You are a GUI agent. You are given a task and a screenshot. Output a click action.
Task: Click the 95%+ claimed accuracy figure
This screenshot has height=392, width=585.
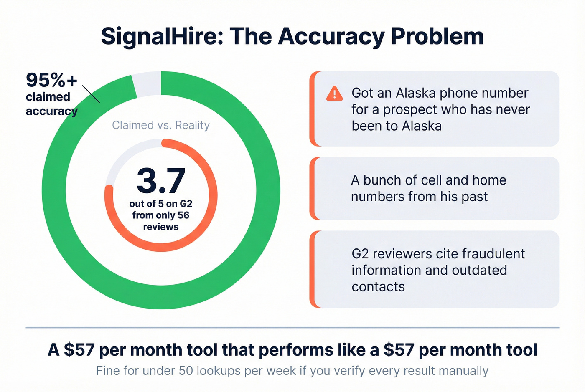click(x=51, y=80)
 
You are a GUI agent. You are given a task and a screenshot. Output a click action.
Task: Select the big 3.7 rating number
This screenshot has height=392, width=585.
click(x=161, y=181)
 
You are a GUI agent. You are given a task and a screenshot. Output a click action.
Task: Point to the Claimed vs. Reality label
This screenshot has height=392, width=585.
click(x=161, y=125)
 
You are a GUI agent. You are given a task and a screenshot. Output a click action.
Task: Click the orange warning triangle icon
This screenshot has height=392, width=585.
click(x=334, y=94)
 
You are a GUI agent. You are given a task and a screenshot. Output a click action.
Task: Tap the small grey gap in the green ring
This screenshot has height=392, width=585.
click(x=147, y=84)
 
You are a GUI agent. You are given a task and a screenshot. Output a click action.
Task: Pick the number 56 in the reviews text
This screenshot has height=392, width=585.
click(x=183, y=215)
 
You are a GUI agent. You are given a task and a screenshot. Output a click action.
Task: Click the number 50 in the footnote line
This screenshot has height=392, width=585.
click(x=186, y=371)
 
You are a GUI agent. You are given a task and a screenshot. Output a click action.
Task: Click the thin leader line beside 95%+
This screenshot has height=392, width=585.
click(x=91, y=94)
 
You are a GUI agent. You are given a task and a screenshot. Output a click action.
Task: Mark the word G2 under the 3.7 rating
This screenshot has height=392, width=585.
click(x=186, y=204)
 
